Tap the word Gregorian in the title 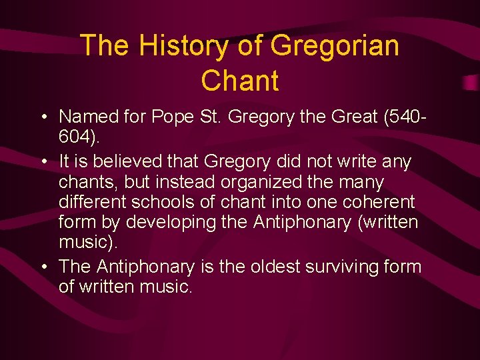pyautogui.click(x=335, y=45)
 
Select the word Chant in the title pyautogui.click(x=239, y=81)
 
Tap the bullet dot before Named pyautogui.click(x=42, y=117)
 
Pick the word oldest pyautogui.click(x=275, y=267)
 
